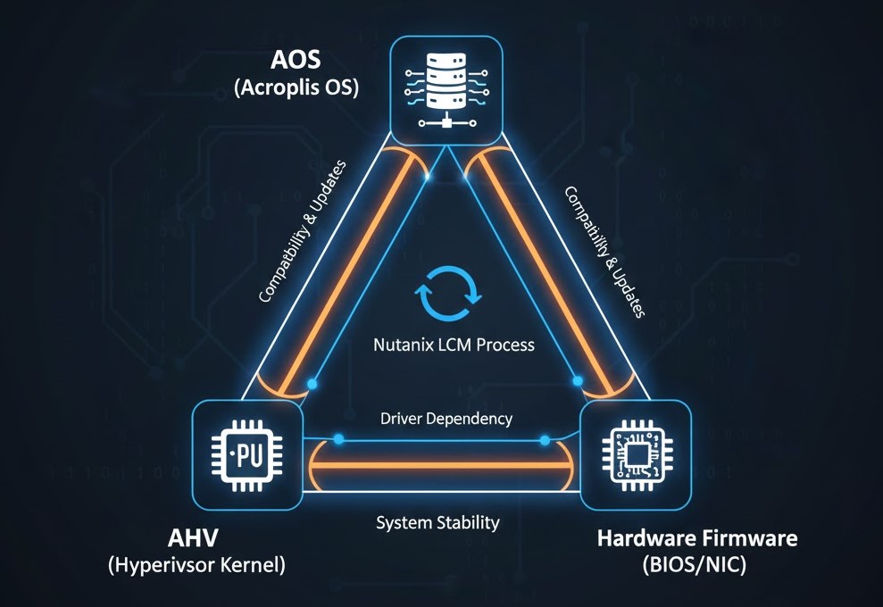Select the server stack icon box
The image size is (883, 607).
444,90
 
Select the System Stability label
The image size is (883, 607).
438,522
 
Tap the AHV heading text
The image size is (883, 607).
194,539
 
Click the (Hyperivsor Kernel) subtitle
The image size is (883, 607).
197,567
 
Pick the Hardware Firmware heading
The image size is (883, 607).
697,539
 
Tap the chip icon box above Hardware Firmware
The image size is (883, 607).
636,455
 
